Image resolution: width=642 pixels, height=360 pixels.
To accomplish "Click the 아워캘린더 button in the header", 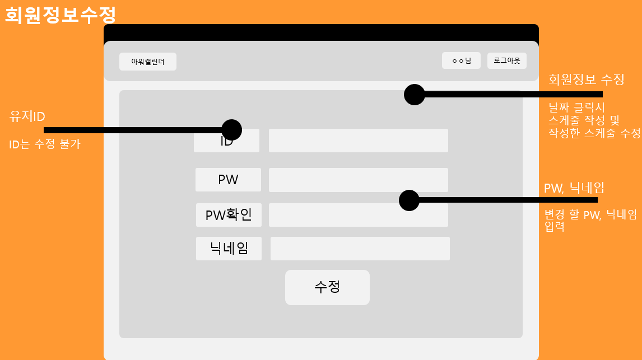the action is click(x=148, y=62).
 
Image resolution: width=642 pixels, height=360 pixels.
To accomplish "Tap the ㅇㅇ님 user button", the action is click(x=461, y=60).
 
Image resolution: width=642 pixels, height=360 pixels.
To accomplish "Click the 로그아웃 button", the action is click(x=506, y=60).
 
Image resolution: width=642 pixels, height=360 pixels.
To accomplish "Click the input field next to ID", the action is click(x=358, y=141).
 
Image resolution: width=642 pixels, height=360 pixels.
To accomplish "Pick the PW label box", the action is click(x=228, y=180).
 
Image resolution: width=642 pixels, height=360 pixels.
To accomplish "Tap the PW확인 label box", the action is click(x=229, y=215).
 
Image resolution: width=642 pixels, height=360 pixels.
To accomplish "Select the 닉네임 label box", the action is click(x=229, y=249).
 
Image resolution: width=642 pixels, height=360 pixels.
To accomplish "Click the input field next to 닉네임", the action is click(x=360, y=249).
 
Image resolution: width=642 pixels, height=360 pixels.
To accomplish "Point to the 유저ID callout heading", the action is click(x=27, y=116).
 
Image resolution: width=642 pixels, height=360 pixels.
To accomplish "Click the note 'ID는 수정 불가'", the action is click(x=45, y=144).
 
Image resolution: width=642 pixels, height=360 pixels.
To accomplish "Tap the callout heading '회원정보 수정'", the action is click(x=586, y=80).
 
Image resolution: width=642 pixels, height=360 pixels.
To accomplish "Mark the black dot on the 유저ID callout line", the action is click(x=231, y=130).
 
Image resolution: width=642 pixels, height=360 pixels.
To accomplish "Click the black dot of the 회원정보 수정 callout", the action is click(x=415, y=95).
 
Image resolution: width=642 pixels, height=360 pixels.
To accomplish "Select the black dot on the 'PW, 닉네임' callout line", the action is click(x=409, y=200).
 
